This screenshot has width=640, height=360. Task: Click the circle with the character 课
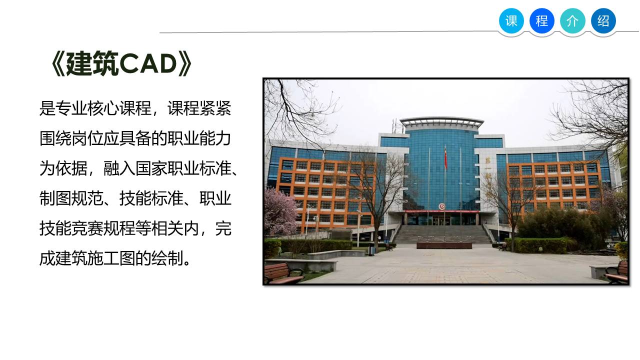coord(511,21)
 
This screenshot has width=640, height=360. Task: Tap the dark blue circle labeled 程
coord(541,21)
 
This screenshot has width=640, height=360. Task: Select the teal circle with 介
coord(572,21)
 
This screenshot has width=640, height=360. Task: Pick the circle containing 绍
coord(603,21)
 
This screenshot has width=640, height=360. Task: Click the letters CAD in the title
coord(148,63)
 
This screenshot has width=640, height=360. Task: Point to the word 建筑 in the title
coord(92,63)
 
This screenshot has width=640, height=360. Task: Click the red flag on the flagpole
coord(445,158)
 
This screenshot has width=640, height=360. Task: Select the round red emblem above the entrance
coord(441,206)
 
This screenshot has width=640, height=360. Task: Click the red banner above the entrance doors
coord(442,211)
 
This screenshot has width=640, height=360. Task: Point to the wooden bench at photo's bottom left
coord(283,273)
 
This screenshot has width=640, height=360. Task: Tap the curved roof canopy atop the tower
coord(441,121)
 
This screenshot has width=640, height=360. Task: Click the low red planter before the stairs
coord(444,245)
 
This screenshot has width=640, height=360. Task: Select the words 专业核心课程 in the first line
coord(103,108)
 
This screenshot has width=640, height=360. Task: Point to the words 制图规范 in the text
coord(71,198)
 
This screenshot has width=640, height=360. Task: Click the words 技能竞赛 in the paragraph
coord(71,228)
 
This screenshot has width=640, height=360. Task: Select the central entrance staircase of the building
coord(443,234)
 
